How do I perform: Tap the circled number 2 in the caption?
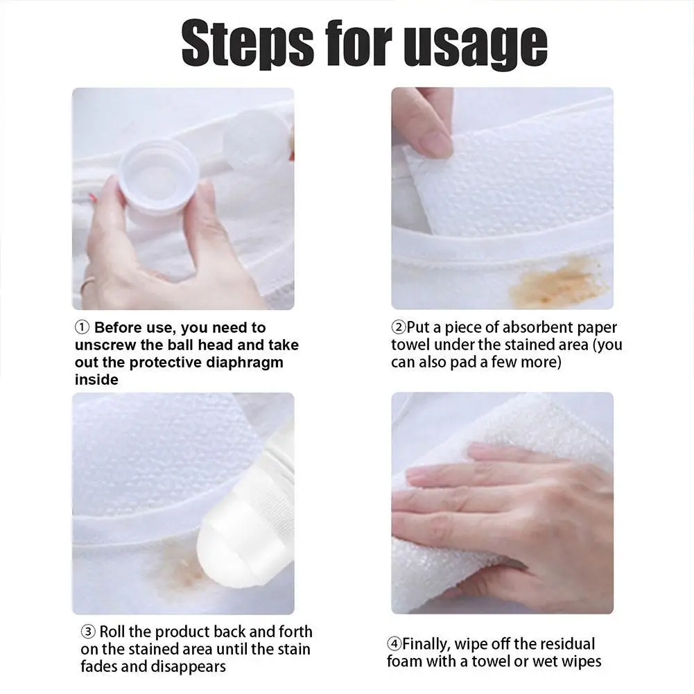[x=399, y=327]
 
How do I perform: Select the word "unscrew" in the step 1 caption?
[x=106, y=345]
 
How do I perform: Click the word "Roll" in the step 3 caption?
[x=112, y=632]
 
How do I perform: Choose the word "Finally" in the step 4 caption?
[x=428, y=644]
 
